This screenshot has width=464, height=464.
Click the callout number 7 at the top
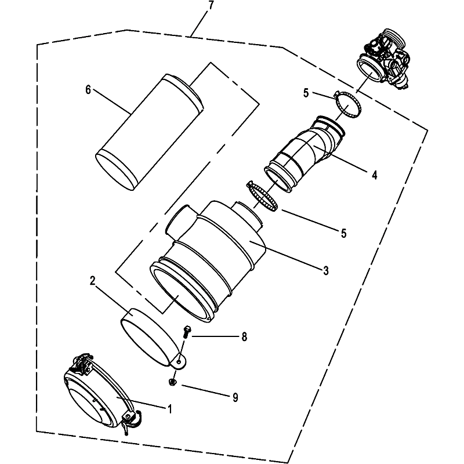211,6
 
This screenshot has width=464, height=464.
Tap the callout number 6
88,89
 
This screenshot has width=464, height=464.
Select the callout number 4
374,175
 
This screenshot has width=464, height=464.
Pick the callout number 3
326,270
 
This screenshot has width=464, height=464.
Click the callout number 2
93,281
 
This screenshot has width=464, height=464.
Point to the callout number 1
170,409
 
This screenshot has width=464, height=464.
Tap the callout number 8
244,337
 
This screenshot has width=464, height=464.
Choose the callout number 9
235,397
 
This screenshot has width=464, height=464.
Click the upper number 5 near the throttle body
306,93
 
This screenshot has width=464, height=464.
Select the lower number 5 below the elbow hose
343,234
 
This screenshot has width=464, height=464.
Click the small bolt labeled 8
187,332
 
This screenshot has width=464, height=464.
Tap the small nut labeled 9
172,382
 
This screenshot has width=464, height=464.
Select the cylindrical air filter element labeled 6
150,132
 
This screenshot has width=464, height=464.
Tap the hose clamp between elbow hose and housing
262,196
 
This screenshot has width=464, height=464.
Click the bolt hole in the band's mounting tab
179,362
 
